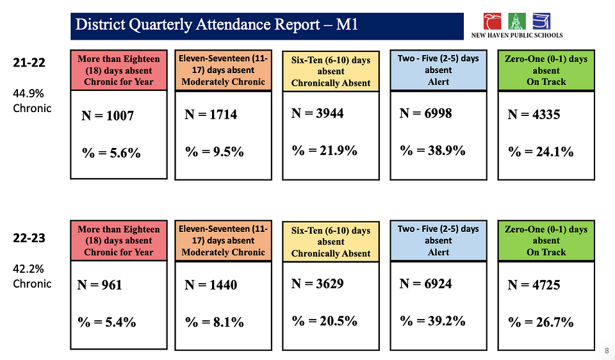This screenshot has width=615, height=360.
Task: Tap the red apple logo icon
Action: point(493,21)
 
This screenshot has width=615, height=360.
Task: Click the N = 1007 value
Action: point(108,117)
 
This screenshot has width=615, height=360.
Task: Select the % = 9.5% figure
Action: point(215,152)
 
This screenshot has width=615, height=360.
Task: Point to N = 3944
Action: point(318,113)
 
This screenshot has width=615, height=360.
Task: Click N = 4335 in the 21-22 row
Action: point(534,115)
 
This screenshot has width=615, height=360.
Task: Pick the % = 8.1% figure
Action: point(215,322)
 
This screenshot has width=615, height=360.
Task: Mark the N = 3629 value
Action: point(318,283)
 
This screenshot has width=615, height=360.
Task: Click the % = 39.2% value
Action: point(432,320)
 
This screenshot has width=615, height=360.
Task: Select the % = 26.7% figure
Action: point(541,322)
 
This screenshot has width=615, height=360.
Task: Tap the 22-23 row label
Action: point(29,238)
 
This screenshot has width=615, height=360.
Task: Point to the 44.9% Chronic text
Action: point(32,101)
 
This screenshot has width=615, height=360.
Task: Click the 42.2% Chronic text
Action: point(32,276)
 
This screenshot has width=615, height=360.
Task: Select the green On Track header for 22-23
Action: point(546,240)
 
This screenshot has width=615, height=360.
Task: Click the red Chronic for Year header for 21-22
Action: point(119,70)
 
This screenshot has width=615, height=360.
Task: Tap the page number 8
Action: point(606,350)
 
